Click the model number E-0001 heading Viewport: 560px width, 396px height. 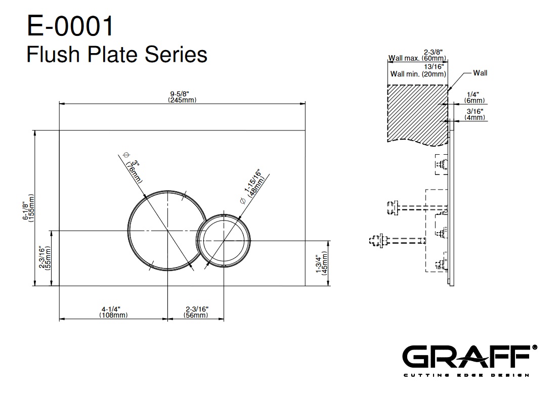tap(70, 26)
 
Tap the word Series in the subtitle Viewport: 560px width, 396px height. tap(176, 54)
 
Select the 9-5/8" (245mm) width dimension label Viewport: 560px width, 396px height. tap(182, 97)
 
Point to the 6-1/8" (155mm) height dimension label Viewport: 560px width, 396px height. tap(28, 208)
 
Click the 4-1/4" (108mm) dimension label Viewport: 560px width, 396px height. tap(113, 312)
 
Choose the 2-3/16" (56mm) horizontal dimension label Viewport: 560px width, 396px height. tap(196, 312)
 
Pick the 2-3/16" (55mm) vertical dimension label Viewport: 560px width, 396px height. tap(45, 257)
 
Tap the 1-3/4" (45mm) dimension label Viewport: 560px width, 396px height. tap(322, 263)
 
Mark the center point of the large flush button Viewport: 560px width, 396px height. tap(167, 231)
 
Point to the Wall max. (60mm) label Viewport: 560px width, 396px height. tap(417, 58)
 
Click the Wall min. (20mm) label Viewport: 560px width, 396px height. tap(418, 74)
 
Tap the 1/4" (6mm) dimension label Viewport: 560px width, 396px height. tap(475, 98)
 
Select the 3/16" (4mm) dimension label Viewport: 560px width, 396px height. tap(475, 114)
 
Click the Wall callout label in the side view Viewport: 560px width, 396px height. tap(480, 73)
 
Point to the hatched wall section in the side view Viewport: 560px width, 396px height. tap(417, 114)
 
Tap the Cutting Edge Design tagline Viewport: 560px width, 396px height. tap(466, 375)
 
